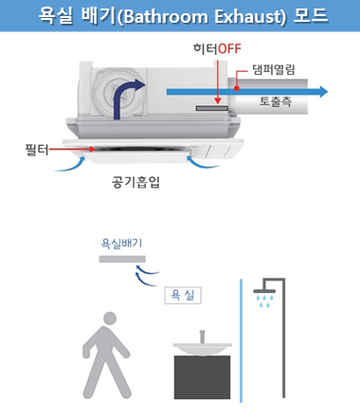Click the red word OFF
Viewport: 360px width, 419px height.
[x=229, y=48]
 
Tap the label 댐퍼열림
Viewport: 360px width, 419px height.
[x=274, y=69]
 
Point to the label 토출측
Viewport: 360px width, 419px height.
[x=276, y=101]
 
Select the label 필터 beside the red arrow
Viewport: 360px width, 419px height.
[x=37, y=150]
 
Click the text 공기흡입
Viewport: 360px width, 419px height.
[x=135, y=182]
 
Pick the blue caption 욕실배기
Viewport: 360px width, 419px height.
[x=121, y=244]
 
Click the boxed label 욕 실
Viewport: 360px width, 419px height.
[x=183, y=296]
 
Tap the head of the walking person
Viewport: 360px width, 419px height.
[x=110, y=319]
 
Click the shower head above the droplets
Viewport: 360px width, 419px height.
[x=264, y=291]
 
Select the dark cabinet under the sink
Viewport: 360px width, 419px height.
[x=202, y=377]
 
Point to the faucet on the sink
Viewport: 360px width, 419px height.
[x=202, y=337]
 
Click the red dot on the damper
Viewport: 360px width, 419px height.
[x=237, y=88]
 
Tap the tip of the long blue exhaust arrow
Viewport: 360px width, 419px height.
[x=328, y=92]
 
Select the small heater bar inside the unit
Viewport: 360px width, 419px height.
[x=211, y=108]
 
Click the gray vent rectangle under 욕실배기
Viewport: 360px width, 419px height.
[x=122, y=259]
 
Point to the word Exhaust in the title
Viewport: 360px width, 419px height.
[x=250, y=16]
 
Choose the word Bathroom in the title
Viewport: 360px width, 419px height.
[x=165, y=16]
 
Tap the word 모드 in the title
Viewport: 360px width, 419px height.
[x=311, y=15]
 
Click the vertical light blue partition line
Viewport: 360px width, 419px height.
[x=242, y=340]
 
